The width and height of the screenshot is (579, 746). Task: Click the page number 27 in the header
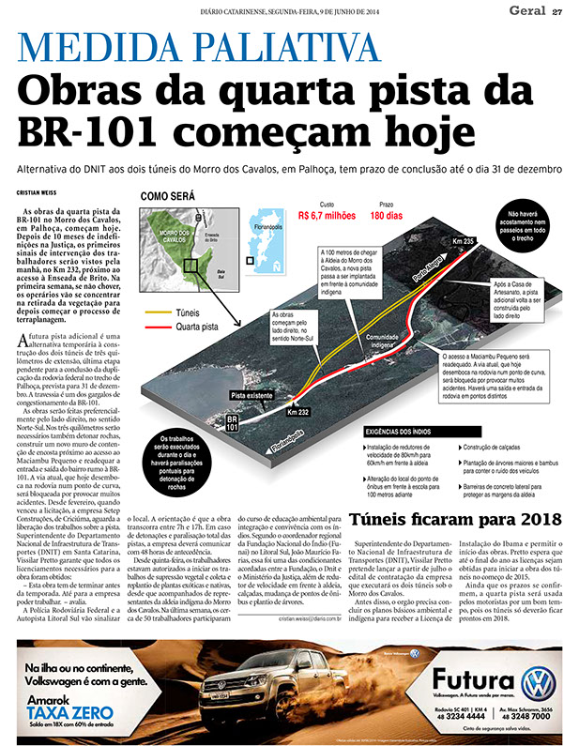coord(557,11)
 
